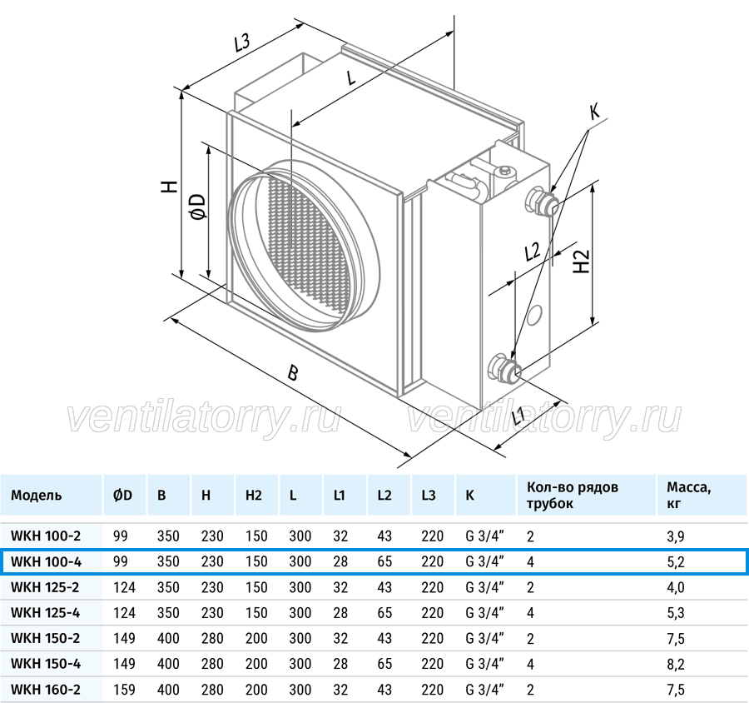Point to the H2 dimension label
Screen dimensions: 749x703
point(582,261)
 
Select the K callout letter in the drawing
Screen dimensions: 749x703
point(595,112)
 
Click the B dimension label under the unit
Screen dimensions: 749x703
point(292,372)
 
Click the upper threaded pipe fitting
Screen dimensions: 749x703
point(542,202)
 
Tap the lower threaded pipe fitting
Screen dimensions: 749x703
point(505,367)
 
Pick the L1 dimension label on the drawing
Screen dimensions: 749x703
point(518,417)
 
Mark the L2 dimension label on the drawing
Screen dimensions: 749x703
point(532,252)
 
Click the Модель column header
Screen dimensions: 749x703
point(37,495)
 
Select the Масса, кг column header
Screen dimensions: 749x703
point(689,495)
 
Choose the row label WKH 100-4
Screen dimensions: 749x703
point(46,561)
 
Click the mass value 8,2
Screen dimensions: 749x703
point(676,664)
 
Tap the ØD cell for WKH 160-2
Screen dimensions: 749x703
point(124,690)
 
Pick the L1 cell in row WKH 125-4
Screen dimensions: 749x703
point(340,612)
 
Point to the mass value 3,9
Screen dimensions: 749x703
point(676,536)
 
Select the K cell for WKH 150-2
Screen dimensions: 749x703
point(485,638)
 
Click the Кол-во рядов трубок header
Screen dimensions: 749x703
point(573,495)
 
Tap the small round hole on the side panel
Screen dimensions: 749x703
point(534,315)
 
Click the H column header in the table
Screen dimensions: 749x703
point(206,495)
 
